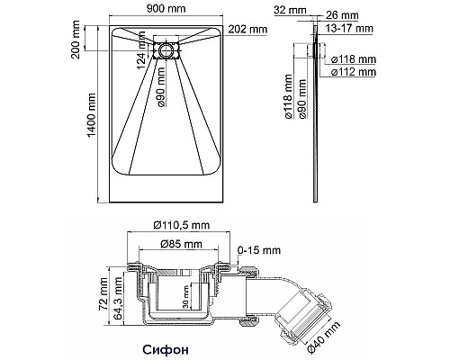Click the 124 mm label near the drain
[x=142, y=62]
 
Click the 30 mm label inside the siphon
[x=184, y=295]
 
